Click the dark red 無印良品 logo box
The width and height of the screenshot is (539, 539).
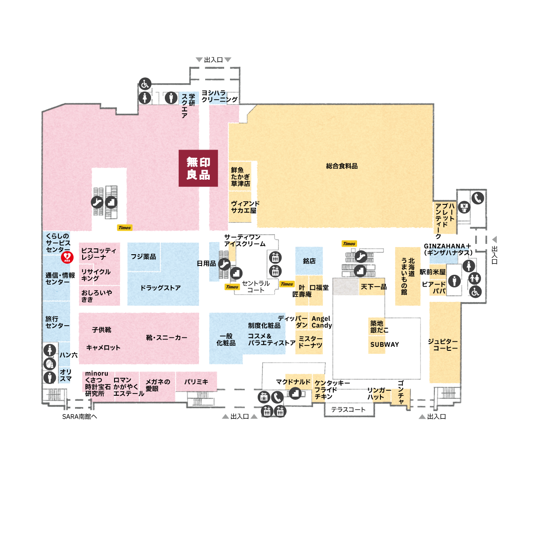click(198, 168)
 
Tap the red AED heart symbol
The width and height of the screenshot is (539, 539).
click(67, 257)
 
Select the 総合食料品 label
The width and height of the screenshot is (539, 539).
click(341, 166)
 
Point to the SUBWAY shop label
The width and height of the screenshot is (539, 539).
click(384, 345)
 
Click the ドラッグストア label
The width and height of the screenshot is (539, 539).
click(160, 288)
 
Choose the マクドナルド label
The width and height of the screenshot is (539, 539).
click(293, 382)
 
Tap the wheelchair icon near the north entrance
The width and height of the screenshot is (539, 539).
click(145, 84)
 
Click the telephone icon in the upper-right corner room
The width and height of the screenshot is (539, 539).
click(477, 199)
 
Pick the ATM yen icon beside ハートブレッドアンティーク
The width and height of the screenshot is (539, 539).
click(464, 207)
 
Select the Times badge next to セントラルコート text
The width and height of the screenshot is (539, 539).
click(232, 287)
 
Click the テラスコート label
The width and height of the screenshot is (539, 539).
click(348, 410)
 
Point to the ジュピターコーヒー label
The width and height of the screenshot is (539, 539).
click(443, 345)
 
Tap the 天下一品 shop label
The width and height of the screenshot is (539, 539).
click(374, 287)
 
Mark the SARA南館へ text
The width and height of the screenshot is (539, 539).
click(80, 416)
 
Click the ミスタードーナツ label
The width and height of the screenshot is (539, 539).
click(310, 342)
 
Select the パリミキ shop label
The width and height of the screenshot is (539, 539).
click(196, 382)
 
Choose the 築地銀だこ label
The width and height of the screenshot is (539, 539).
click(379, 327)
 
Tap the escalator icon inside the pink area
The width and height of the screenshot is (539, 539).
click(97, 202)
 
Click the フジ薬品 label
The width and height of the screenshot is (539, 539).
click(143, 256)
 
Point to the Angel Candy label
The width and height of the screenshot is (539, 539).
click(322, 322)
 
